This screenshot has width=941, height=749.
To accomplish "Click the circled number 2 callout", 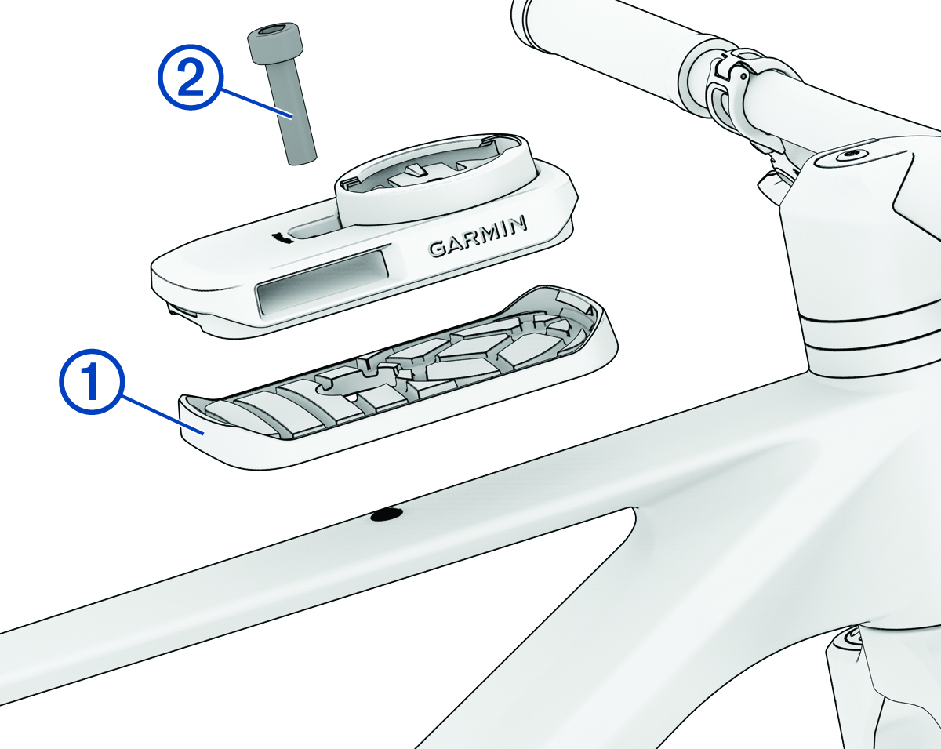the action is (x=191, y=76).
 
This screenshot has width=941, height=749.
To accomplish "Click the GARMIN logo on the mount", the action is (x=478, y=236).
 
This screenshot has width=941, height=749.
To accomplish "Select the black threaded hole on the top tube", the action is (x=387, y=515).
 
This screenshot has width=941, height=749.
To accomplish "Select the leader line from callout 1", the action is (x=162, y=414).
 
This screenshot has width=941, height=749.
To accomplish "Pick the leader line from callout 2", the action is (x=256, y=103).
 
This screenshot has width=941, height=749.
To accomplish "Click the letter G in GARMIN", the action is (x=438, y=249).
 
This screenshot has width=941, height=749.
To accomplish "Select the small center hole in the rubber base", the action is (x=351, y=398).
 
